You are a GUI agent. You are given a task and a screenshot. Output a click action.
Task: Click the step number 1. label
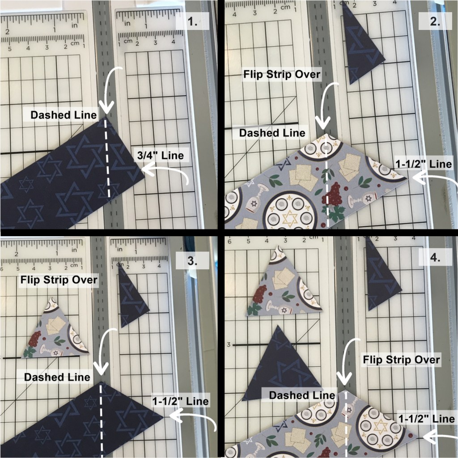pyautogui.click(x=193, y=21)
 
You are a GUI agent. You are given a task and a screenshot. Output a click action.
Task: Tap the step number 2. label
pyautogui.click(x=435, y=21)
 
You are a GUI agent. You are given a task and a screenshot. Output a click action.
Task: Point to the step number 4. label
pyautogui.click(x=435, y=257)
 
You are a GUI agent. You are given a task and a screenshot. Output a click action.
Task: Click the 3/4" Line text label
pyautogui.click(x=161, y=155)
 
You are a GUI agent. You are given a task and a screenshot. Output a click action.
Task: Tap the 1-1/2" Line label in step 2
pyautogui.click(x=424, y=164)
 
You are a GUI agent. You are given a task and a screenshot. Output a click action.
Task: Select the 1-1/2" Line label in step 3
pyautogui.click(x=181, y=401)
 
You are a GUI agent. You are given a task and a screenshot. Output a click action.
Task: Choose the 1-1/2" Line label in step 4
pyautogui.click(x=426, y=419)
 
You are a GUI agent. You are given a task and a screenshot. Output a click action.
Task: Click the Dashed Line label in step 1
pyautogui.click(x=64, y=115)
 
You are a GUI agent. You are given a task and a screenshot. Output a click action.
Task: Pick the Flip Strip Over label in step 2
pyautogui.click(x=282, y=75)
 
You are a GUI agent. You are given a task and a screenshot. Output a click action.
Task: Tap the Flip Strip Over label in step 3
pyautogui.click(x=59, y=280)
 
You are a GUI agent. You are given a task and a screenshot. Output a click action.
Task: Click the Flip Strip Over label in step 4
pyautogui.click(x=401, y=360)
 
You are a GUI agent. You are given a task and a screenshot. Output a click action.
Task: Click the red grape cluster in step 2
pyautogui.click(x=333, y=195)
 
